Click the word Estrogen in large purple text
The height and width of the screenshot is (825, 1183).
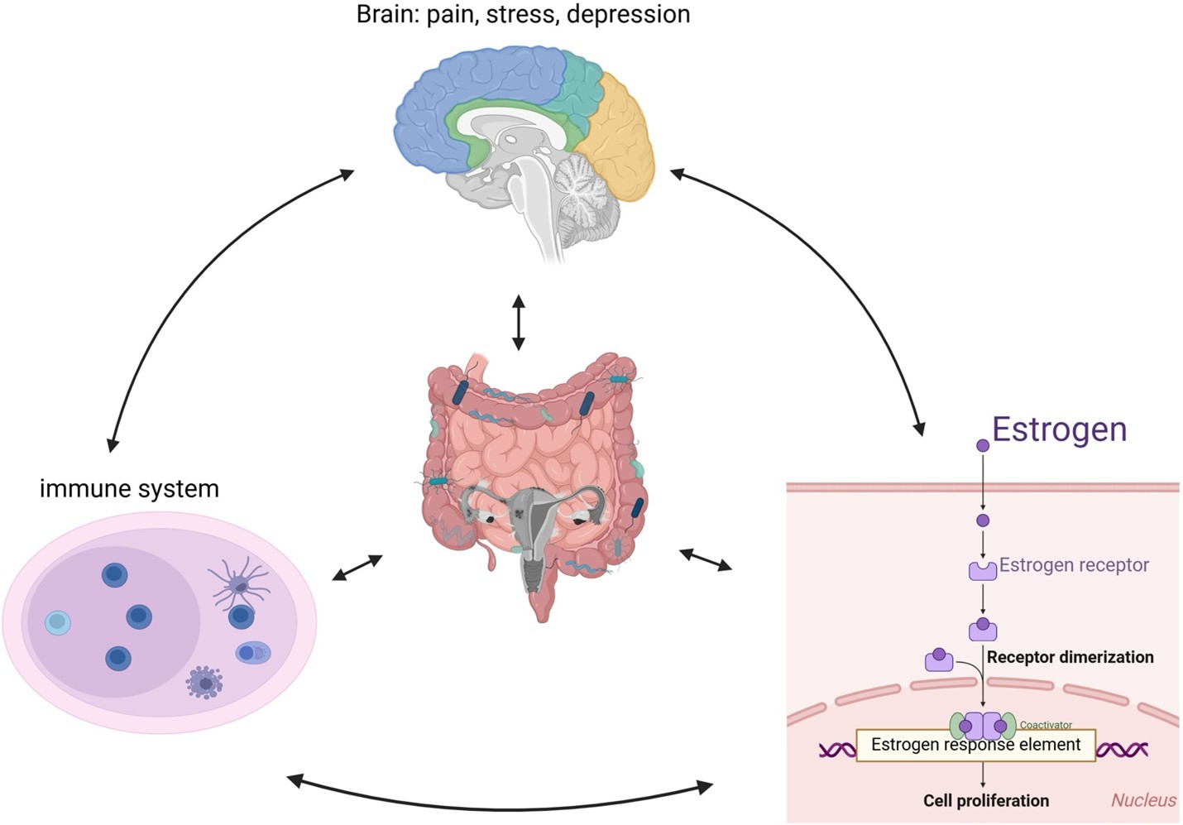[1059, 429]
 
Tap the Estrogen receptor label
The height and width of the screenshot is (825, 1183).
[1074, 565]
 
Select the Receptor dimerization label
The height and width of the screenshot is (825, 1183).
[1070, 657]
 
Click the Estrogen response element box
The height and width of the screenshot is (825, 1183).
[975, 745]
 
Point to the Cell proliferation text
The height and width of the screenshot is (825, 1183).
[986, 800]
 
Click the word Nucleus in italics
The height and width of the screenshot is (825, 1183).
[1143, 799]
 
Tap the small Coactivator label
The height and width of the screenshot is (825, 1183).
[1046, 725]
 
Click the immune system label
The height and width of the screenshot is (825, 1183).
[129, 488]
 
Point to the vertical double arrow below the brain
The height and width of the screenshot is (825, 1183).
[519, 322]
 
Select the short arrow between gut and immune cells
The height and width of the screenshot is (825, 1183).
[357, 567]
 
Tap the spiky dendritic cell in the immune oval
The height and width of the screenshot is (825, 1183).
[239, 585]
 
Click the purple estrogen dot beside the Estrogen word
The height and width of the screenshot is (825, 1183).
[983, 445]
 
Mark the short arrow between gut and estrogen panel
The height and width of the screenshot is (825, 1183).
[706, 559]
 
